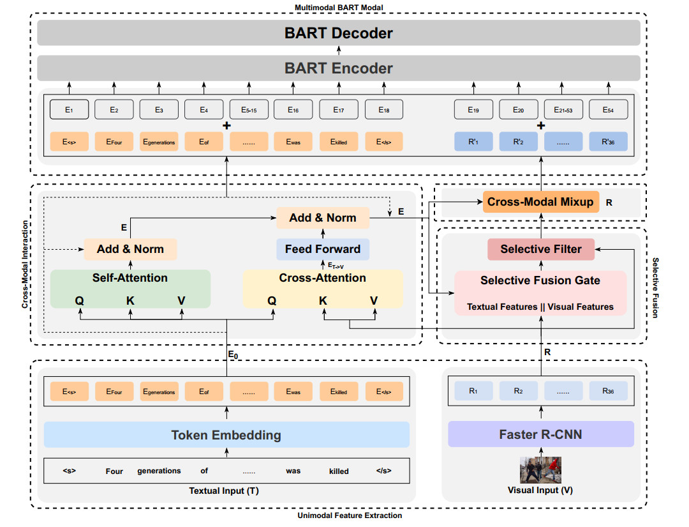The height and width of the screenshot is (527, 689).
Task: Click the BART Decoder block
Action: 338,33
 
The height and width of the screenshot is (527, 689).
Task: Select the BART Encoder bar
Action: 338,68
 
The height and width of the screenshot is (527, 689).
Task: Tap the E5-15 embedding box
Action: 249,110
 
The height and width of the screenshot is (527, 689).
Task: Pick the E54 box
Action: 608,110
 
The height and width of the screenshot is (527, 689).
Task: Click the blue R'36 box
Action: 608,142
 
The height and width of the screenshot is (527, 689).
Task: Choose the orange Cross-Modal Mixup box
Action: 540,202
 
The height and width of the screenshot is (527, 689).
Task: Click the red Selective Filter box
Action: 540,249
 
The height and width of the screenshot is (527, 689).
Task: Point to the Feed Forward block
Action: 323,249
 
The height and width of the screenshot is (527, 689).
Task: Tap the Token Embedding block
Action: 226,435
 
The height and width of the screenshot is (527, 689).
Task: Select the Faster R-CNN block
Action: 541,435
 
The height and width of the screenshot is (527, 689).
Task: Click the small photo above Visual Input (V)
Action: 541,470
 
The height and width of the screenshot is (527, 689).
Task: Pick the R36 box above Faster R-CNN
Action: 608,391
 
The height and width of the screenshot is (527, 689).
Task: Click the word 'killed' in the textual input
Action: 339,471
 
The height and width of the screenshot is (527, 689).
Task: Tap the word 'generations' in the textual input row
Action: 159,471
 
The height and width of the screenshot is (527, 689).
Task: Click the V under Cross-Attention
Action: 374,300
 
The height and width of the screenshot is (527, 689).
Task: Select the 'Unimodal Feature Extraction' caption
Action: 350,516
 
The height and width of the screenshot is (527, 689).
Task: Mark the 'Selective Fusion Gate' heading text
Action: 540,280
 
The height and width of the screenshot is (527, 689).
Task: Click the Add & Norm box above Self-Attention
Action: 130,249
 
